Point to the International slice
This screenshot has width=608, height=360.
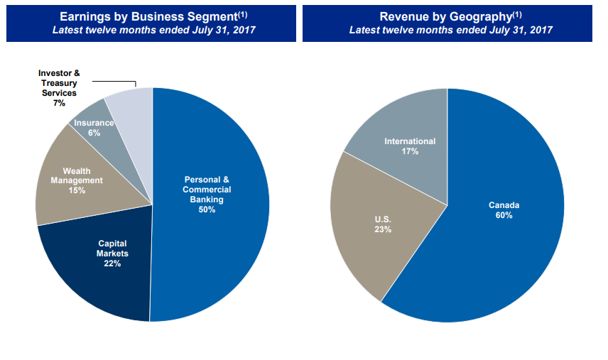coord(405,128)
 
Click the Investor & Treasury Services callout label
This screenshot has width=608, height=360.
coord(58,88)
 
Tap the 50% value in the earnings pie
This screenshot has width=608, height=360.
coord(207,209)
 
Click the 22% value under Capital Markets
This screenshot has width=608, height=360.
coord(112,263)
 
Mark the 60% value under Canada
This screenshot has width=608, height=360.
coord(504,215)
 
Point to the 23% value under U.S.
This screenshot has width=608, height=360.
coord(383,229)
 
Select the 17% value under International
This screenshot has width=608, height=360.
coord(410,151)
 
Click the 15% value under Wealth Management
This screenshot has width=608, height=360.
coord(77,190)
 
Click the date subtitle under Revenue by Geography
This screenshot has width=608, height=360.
coord(450,30)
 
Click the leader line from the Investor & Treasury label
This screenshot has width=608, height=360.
coord(114,80)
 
